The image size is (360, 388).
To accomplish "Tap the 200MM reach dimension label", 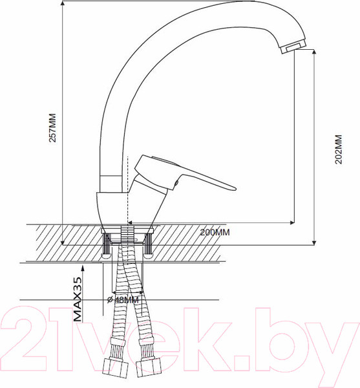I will (x=215, y=233).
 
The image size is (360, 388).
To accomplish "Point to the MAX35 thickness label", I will (x=78, y=299).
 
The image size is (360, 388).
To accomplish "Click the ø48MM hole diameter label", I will (x=122, y=299).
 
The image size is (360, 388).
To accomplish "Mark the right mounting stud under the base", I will (x=148, y=245).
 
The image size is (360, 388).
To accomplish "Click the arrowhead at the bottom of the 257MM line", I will (x=63, y=242).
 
